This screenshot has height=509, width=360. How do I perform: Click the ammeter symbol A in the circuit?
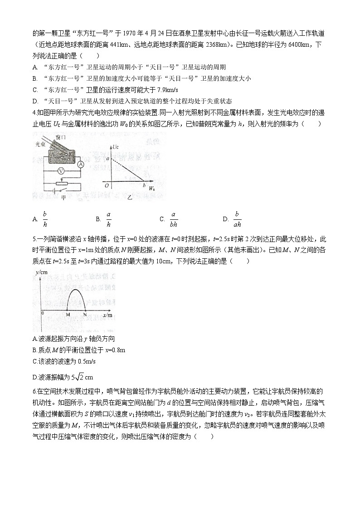point(80,164)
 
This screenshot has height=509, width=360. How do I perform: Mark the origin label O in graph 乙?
point(106,185)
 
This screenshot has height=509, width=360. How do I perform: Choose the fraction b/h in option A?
point(45,218)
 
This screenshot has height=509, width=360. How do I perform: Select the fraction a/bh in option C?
point(173,218)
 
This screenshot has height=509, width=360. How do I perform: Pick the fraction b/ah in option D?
point(237,218)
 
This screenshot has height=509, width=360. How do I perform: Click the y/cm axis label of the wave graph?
point(40,272)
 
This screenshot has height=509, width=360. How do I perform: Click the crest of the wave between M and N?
point(76,290)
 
